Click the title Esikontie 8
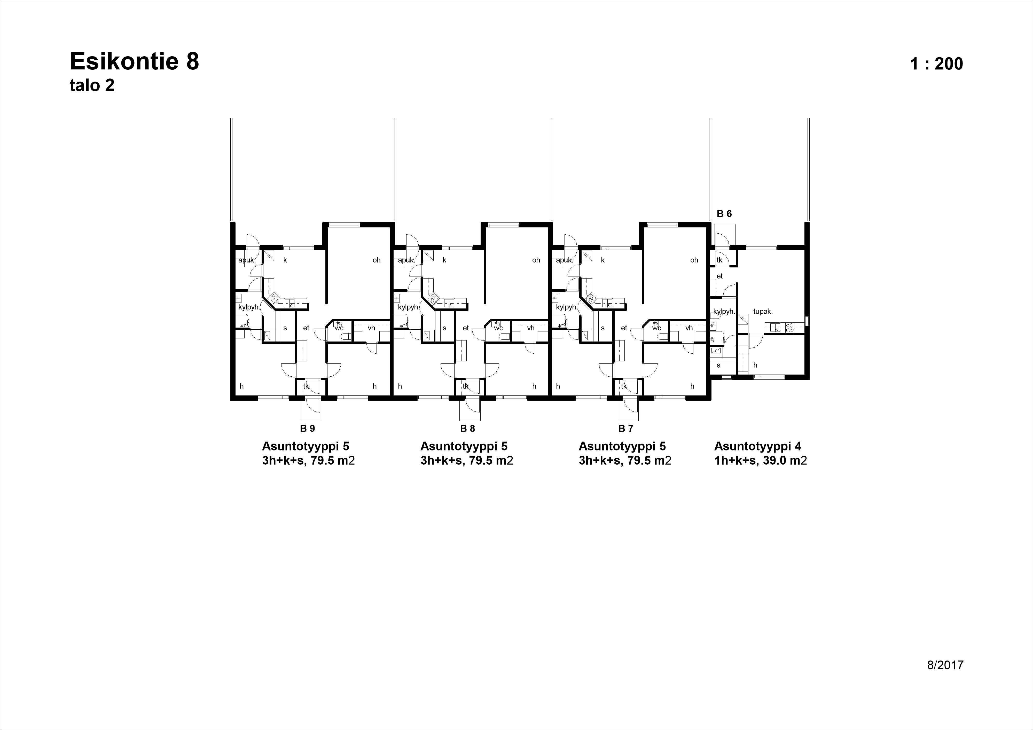(134, 62)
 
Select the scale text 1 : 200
(936, 64)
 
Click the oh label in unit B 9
(377, 260)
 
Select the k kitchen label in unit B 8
(444, 260)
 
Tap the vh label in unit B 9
(371, 328)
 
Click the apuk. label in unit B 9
(247, 260)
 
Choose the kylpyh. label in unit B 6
(724, 311)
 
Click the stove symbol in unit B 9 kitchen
(273, 297)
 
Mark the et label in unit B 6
(719, 276)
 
